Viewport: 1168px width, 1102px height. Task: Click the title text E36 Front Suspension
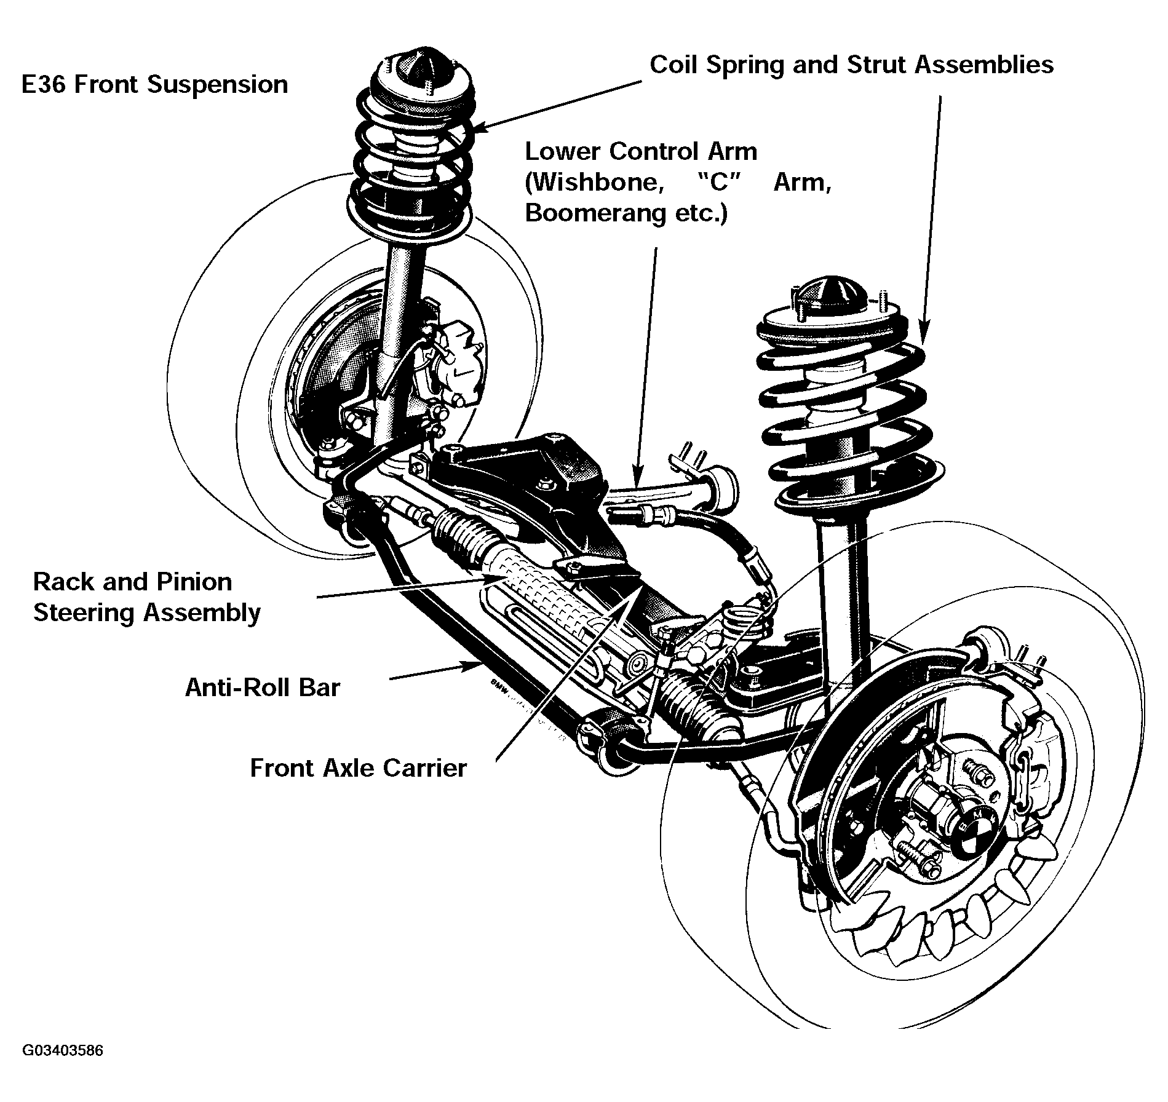(154, 85)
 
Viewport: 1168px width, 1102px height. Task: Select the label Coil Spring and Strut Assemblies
(852, 65)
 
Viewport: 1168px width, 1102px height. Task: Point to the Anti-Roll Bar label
(262, 688)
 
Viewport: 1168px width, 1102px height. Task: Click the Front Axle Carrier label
(359, 768)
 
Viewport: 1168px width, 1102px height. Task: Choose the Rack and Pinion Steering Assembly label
(147, 597)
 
